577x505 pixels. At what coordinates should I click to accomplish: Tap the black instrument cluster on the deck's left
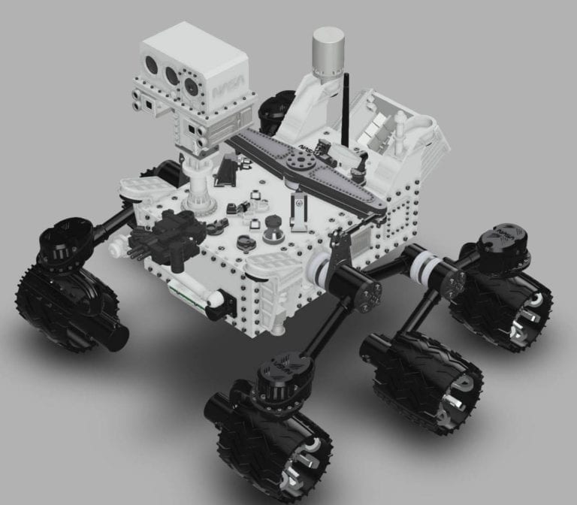165,232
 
